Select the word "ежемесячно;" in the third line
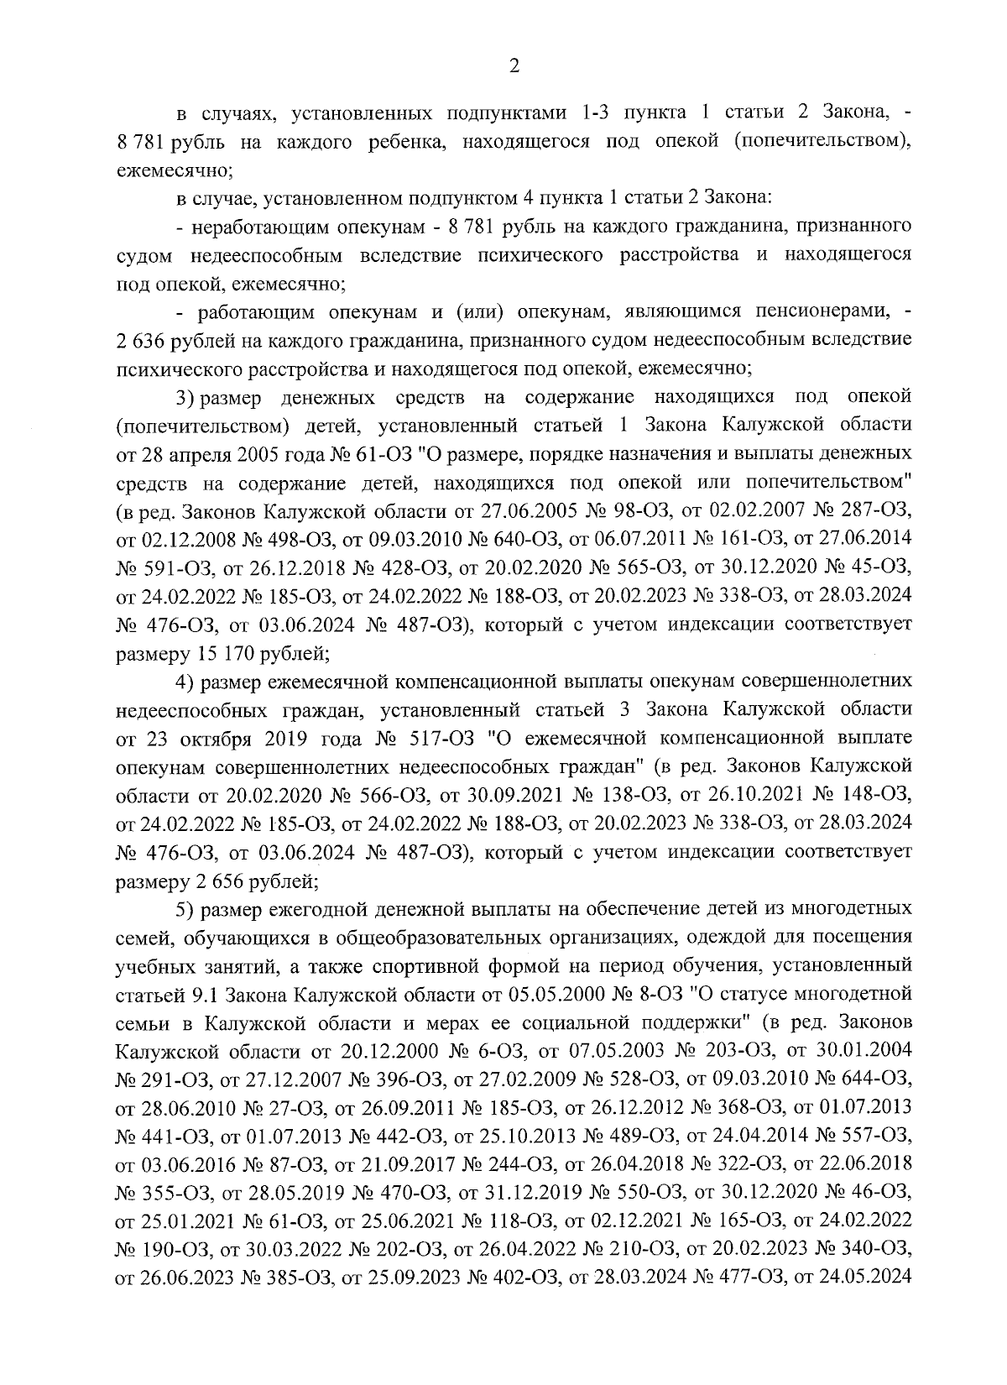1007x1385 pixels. tap(174, 170)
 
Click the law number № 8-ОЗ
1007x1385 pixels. tap(640, 996)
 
